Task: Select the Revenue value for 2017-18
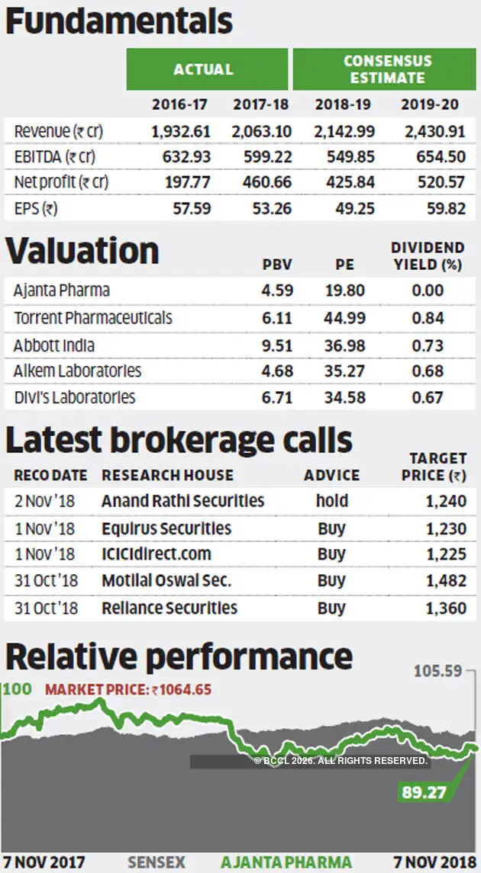coord(261,131)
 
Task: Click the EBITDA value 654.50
coord(436,157)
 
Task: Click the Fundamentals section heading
coord(119,22)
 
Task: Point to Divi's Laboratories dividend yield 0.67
coord(428,397)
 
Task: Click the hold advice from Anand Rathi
coord(331,501)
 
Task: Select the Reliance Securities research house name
coord(169,608)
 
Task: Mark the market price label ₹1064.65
coord(128,690)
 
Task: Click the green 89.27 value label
coord(424,792)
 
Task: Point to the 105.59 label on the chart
coord(439,672)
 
